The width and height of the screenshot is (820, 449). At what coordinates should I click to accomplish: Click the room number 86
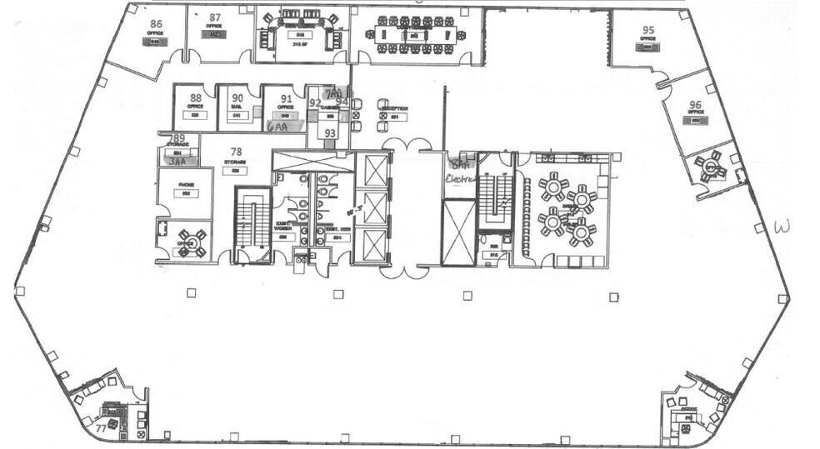point(155,24)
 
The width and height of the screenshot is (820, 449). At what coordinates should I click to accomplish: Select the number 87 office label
point(215,17)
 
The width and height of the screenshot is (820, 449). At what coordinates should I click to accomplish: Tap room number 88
point(196,97)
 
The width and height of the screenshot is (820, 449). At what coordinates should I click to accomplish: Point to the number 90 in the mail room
point(237,97)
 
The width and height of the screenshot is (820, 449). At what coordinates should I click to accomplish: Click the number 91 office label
point(285,97)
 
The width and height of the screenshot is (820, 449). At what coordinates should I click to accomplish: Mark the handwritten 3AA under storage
point(176,163)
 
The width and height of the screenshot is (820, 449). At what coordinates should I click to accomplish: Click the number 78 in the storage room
point(236,152)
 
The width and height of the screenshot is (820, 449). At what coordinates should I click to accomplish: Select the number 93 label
point(330,133)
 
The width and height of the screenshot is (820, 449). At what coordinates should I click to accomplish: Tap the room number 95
point(647,30)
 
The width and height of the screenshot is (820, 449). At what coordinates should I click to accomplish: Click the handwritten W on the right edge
point(782,226)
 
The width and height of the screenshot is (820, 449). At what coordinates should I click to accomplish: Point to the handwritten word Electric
point(459,177)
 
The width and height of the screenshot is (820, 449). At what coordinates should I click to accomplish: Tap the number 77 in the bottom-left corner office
point(100,428)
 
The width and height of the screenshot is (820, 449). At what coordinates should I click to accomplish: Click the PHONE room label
point(187,185)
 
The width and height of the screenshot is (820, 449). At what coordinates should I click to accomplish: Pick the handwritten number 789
point(177,138)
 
